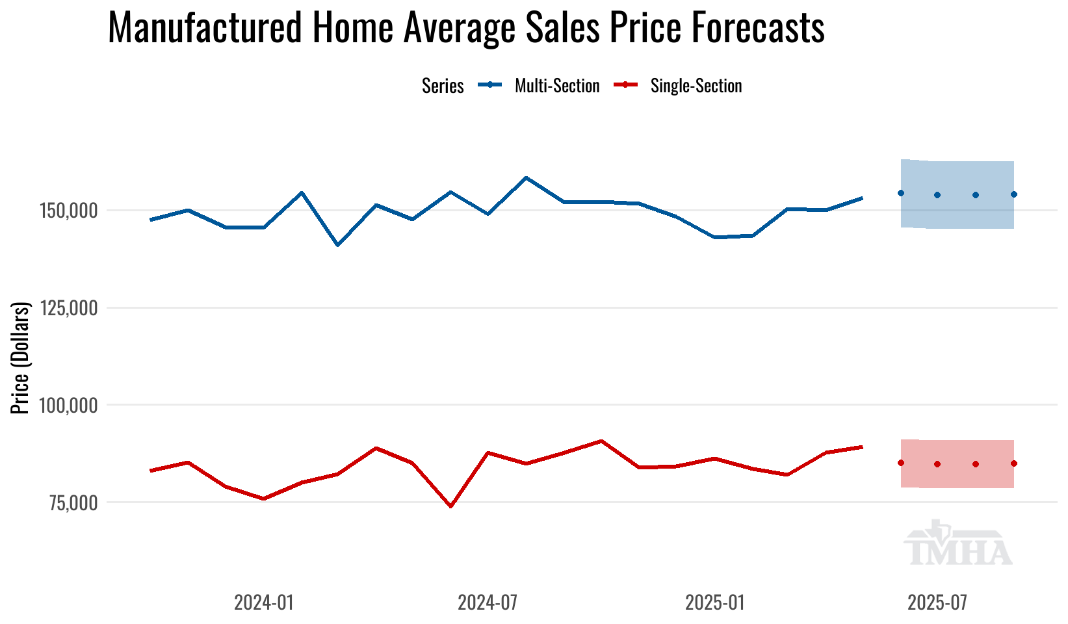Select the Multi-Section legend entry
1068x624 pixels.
pos(556,86)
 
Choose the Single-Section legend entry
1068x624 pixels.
pos(696,86)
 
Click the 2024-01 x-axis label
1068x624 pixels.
pos(264,603)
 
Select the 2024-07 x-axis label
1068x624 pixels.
pos(488,603)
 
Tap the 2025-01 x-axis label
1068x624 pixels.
pos(714,603)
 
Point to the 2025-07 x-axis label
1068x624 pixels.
pos(937,603)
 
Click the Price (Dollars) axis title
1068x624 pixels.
pos(21,357)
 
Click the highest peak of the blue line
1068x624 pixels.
pos(526,177)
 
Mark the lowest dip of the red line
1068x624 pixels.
pos(451,506)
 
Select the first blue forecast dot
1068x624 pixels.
pos(901,193)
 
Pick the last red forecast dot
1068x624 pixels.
pos(1014,463)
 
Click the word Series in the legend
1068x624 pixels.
pos(443,86)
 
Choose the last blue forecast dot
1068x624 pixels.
pos(1014,194)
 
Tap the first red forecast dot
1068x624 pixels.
pos(901,463)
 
